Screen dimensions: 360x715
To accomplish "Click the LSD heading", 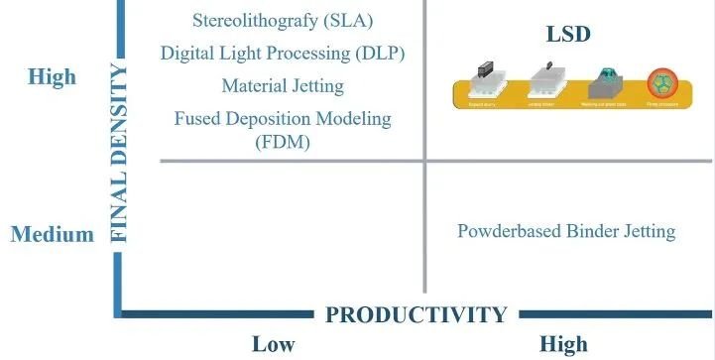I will (568, 35).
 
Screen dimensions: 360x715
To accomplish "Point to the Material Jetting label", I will (283, 85).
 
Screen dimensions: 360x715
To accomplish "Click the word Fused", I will (198, 119).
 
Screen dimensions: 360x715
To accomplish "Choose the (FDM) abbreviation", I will (282, 142).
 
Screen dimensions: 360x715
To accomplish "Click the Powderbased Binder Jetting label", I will (566, 231).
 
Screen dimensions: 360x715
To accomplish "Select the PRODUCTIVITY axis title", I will (417, 315).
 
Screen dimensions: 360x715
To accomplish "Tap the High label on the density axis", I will (53, 76).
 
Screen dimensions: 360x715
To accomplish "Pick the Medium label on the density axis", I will (53, 234).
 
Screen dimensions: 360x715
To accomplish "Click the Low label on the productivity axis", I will (273, 344).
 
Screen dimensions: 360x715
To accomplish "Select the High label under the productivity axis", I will (563, 344).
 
